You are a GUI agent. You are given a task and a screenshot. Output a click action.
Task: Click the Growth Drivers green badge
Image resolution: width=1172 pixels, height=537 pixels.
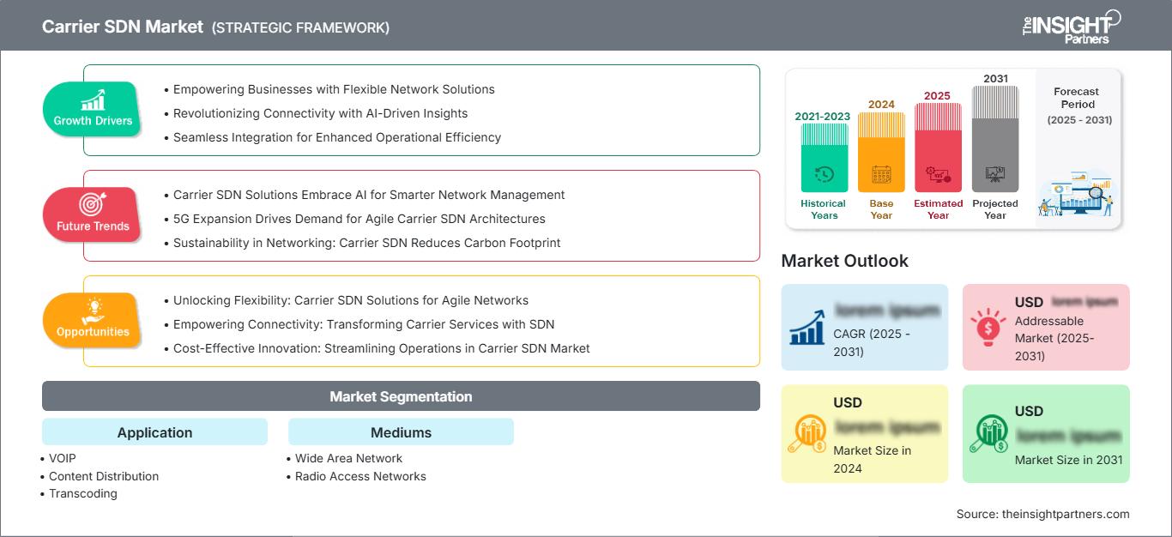coord(93,109)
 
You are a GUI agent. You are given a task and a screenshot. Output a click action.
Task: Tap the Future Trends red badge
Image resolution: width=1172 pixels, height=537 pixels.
coord(93,214)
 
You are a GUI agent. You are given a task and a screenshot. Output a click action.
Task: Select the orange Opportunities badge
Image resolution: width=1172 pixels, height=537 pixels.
coord(93,320)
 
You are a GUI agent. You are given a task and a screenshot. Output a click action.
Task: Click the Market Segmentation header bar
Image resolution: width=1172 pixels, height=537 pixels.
coord(401,396)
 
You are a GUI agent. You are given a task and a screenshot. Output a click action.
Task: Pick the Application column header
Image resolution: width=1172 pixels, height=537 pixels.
coord(154,432)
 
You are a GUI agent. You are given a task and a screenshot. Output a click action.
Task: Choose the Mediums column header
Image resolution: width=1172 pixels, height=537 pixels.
coord(401,432)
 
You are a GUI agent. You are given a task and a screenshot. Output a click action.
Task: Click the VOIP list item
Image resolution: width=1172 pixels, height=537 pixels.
coord(63,458)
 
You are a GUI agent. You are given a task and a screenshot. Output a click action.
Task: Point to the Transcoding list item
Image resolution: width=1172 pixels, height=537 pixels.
coord(82,493)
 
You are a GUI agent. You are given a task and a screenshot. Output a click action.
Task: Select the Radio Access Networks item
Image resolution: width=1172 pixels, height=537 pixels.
coord(360,476)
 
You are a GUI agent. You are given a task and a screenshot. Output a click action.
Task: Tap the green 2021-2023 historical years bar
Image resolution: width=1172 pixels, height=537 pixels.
coord(824,159)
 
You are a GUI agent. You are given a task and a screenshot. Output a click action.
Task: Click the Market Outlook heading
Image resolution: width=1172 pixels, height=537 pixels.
coord(844,261)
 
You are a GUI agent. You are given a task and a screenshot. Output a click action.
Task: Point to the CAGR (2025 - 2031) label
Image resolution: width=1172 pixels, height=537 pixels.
coord(869,342)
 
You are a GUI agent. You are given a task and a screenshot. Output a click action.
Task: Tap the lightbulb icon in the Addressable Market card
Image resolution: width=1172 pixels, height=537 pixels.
coord(988,327)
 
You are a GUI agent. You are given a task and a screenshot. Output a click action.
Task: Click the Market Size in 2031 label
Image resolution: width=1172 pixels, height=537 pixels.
coord(1068,460)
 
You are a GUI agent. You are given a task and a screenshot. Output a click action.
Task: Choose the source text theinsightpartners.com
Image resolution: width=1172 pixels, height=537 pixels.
coord(1042,514)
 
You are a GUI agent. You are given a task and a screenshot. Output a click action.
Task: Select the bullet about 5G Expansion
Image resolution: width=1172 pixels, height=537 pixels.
coord(359,219)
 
